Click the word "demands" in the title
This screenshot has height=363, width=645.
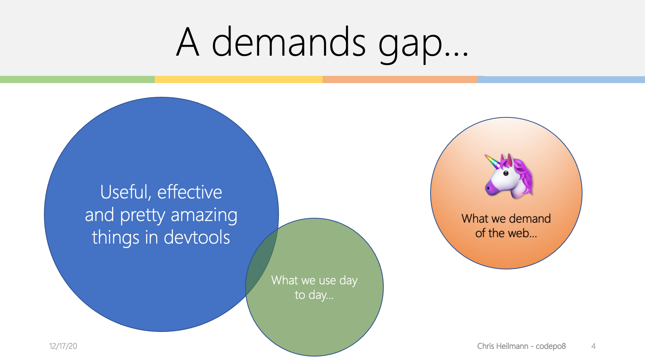[289, 42]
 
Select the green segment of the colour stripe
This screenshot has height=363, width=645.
[77, 79]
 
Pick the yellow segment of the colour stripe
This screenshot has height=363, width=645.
[239, 79]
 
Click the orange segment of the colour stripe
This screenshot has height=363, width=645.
[400, 79]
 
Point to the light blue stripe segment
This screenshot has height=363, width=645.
[561, 80]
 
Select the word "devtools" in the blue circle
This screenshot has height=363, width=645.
[197, 237]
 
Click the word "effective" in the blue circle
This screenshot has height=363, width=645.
[190, 192]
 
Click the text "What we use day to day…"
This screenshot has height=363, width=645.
[314, 288]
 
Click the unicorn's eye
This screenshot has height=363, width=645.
[506, 173]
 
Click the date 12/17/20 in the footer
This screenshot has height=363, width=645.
[63, 346]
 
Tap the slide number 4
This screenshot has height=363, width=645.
[593, 346]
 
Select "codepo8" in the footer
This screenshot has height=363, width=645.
[551, 346]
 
